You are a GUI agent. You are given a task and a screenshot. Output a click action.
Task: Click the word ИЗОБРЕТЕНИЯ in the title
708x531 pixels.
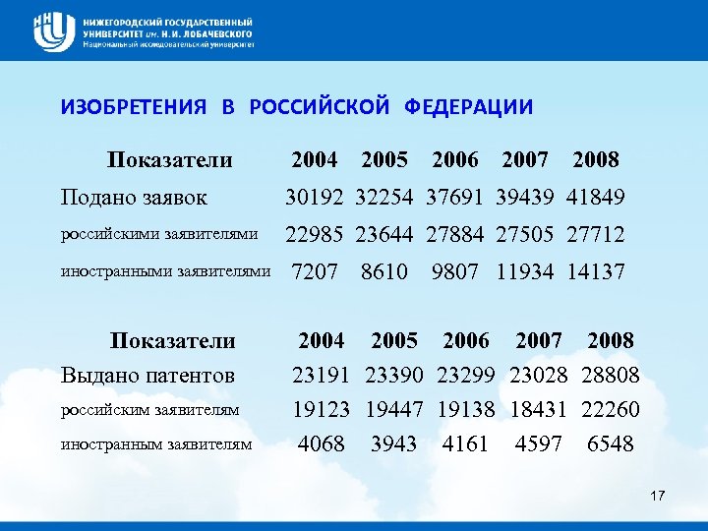click(x=134, y=107)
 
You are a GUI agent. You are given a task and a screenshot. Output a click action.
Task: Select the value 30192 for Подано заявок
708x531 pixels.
click(x=315, y=198)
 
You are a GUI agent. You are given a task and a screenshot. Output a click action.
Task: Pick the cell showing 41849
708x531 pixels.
click(x=596, y=198)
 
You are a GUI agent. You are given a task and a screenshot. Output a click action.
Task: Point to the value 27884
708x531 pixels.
click(x=455, y=235)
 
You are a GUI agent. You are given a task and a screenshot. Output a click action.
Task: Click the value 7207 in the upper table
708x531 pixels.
click(x=315, y=271)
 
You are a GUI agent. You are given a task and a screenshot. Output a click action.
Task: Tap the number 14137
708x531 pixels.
click(x=596, y=271)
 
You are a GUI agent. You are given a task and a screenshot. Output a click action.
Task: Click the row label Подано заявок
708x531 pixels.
click(x=134, y=198)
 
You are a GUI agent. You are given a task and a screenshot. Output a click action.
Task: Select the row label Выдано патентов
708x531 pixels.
click(x=147, y=375)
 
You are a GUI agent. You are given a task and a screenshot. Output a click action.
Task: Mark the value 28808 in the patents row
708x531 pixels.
click(x=611, y=375)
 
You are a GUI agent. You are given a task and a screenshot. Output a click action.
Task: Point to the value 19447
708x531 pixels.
click(x=394, y=409)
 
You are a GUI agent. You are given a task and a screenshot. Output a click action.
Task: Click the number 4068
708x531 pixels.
click(x=322, y=444)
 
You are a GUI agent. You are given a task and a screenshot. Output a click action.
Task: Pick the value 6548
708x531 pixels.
click(x=611, y=444)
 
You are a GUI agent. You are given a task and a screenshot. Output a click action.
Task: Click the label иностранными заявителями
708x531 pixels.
click(x=164, y=271)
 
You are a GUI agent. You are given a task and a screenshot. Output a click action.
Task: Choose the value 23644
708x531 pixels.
click(x=384, y=235)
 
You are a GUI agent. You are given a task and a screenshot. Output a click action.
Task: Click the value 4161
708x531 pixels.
click(x=465, y=444)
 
